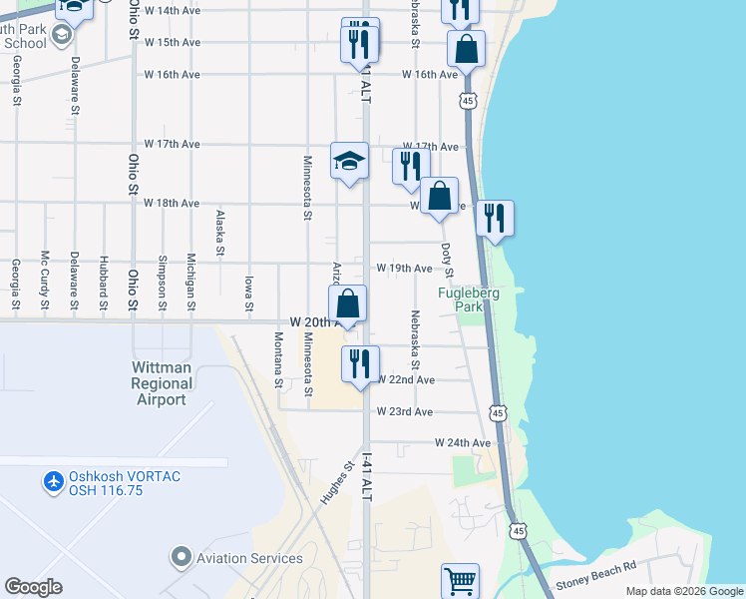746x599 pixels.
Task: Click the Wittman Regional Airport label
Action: pos(161,383)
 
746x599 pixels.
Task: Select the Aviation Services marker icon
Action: pos(181,555)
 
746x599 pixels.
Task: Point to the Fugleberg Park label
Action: pos(468,299)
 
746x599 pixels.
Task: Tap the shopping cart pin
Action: pos(460,580)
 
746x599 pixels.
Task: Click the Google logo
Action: pos(33,587)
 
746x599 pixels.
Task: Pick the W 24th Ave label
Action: pos(463,442)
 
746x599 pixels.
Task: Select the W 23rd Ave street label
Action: pos(405,411)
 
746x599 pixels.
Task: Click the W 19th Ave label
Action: pos(405,269)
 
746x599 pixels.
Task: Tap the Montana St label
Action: pos(278,357)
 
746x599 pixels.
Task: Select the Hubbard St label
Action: pos(104,285)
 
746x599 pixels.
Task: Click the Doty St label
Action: pos(448,260)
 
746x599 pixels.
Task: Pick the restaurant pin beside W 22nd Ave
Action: pos(360,363)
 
